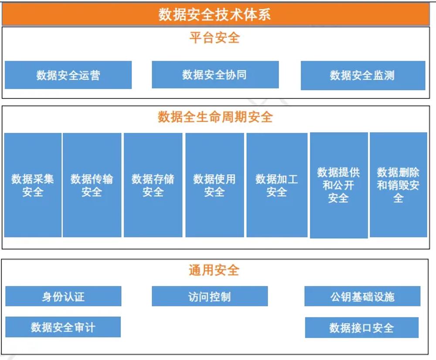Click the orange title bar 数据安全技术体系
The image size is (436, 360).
(215, 14)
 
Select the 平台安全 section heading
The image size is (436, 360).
(215, 37)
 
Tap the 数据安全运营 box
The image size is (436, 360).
(68, 75)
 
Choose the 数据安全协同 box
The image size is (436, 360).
(215, 75)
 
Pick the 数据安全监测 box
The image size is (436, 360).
(363, 75)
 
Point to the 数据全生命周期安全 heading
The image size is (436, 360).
(215, 117)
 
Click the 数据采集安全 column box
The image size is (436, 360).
(33, 185)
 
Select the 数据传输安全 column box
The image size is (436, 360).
(92, 185)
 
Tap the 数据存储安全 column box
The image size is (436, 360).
(153, 185)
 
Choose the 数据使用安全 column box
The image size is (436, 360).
(215, 185)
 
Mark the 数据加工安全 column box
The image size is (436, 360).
(277, 185)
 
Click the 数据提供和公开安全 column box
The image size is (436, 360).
(339, 185)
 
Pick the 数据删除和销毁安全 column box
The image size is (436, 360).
(399, 185)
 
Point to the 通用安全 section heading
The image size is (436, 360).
(214, 270)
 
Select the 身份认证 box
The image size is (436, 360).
(63, 296)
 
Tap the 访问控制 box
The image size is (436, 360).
(210, 296)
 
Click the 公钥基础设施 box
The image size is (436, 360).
(362, 296)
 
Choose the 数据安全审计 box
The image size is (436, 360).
(63, 327)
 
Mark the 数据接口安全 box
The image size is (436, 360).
(362, 327)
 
